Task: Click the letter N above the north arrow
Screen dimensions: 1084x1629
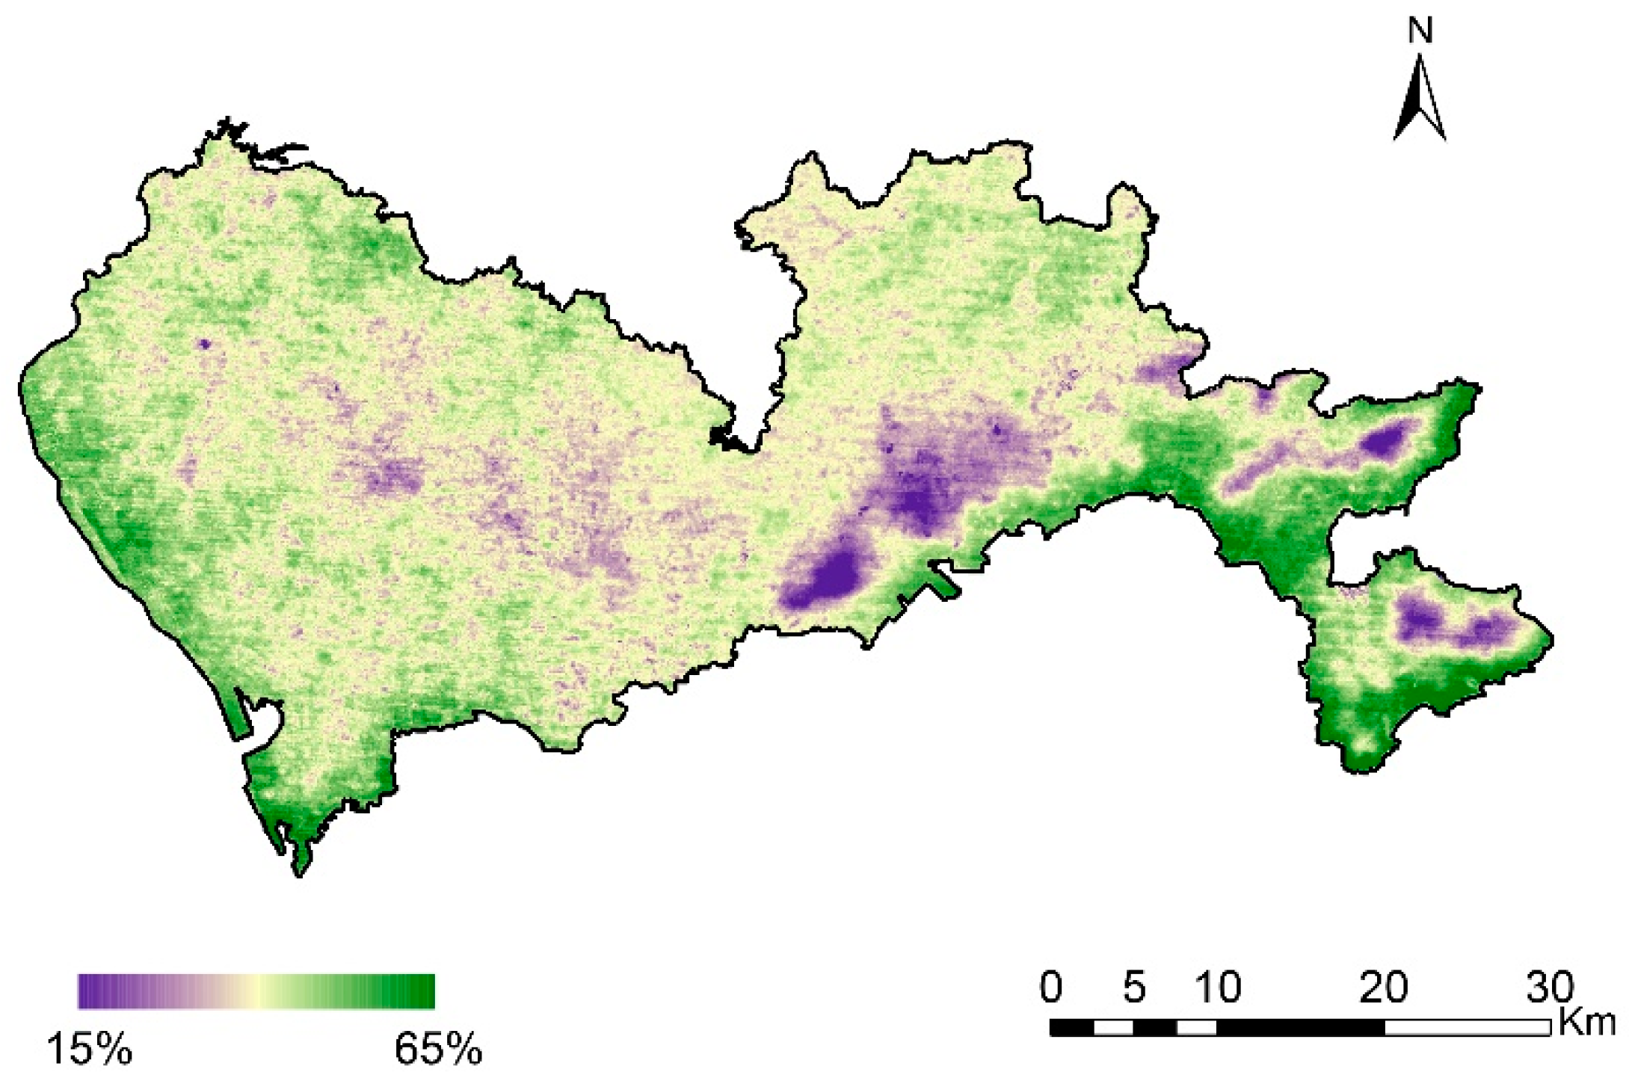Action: [1420, 31]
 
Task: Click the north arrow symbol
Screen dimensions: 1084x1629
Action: [1419, 101]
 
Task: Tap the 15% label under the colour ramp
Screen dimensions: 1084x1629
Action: [90, 1049]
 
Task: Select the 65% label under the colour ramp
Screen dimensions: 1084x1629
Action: [438, 1049]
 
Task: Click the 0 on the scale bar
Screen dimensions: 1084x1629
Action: [1050, 988]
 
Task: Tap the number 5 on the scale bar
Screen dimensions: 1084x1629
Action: [1133, 988]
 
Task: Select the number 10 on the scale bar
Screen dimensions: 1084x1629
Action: [1217, 988]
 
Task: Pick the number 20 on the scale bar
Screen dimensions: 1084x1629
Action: [1383, 988]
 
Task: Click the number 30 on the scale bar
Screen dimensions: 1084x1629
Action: [1550, 988]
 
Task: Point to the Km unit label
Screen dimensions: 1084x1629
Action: [1586, 1022]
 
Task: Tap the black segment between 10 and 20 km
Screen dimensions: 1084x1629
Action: [1300, 1028]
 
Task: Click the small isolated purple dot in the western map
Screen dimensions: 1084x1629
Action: [204, 344]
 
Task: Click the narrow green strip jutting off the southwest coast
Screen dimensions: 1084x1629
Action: [241, 714]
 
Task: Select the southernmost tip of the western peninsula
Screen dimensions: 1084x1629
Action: [301, 872]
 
